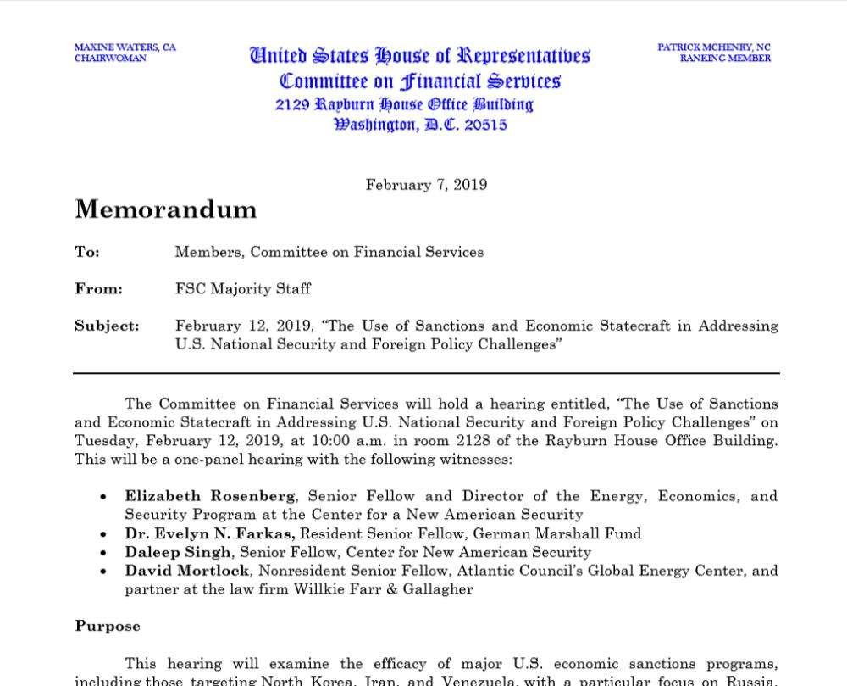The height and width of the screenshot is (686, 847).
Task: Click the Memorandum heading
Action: tap(165, 209)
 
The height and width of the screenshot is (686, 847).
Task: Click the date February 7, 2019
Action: tap(426, 185)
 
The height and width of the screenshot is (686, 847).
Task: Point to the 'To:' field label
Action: tap(87, 252)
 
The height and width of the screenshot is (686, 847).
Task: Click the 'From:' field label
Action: tap(98, 289)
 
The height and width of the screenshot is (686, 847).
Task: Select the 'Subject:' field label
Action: tap(107, 326)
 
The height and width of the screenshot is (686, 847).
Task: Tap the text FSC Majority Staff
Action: tap(242, 289)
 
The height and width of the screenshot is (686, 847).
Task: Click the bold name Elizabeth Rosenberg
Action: tap(211, 496)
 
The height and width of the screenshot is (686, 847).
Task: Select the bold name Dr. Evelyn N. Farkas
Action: tap(209, 533)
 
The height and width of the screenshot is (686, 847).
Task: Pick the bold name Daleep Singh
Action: tap(178, 552)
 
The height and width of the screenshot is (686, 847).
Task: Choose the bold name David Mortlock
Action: tap(187, 571)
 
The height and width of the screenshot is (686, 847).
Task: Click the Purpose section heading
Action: tap(108, 627)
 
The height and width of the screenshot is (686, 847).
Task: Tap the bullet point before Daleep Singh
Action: tap(103, 553)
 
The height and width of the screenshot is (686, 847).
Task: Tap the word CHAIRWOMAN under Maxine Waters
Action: tap(110, 59)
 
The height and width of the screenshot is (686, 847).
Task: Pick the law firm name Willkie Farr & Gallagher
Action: tap(383, 589)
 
